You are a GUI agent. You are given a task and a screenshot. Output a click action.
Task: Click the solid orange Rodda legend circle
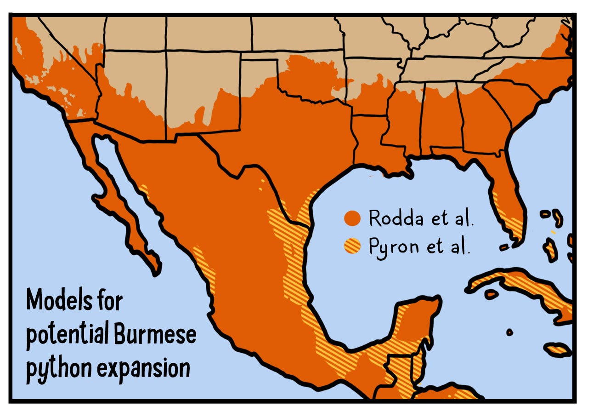pyautogui.click(x=352, y=219)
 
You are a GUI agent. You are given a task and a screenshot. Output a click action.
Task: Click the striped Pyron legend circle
pyautogui.click(x=352, y=247)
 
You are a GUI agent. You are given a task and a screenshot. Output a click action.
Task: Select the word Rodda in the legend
pyautogui.click(x=394, y=218)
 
